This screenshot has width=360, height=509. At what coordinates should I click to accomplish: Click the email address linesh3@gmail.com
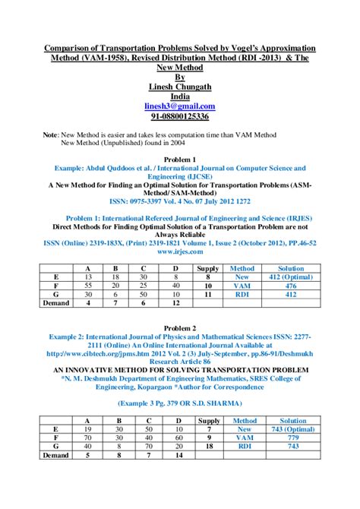point(180,106)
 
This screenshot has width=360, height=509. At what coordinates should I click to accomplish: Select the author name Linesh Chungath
point(180,87)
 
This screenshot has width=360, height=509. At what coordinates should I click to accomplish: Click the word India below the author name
point(180,96)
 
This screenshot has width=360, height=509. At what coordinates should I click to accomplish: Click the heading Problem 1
point(180,160)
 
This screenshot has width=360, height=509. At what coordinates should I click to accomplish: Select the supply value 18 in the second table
point(209,446)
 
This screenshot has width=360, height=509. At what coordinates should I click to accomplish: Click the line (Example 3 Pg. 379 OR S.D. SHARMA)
point(180,403)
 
